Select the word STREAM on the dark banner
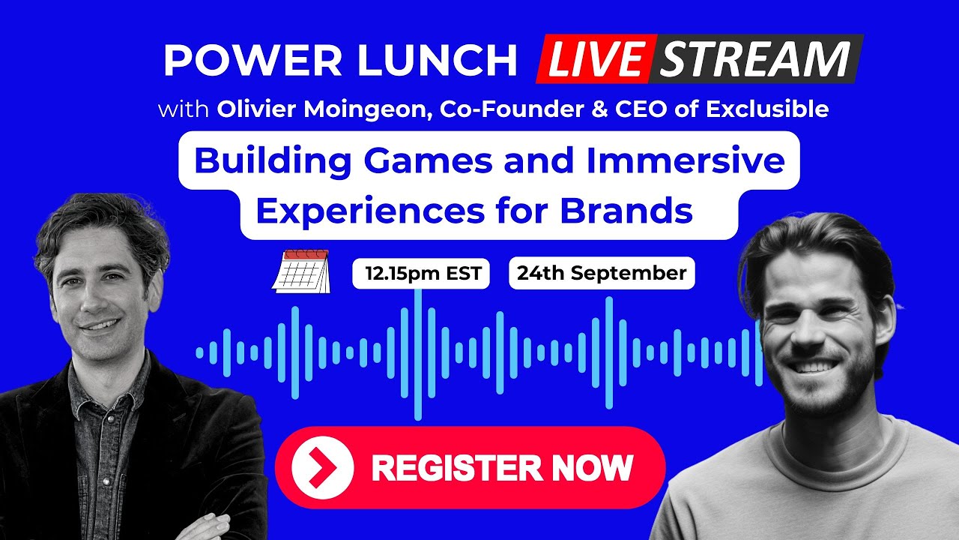point(755,58)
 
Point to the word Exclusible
point(767,109)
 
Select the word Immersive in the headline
point(686,160)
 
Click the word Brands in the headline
point(626,211)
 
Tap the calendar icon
point(301,271)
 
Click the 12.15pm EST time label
point(421,274)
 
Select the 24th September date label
point(602,273)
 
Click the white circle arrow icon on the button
point(323,467)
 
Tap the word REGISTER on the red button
point(457,468)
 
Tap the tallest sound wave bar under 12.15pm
point(418,355)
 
